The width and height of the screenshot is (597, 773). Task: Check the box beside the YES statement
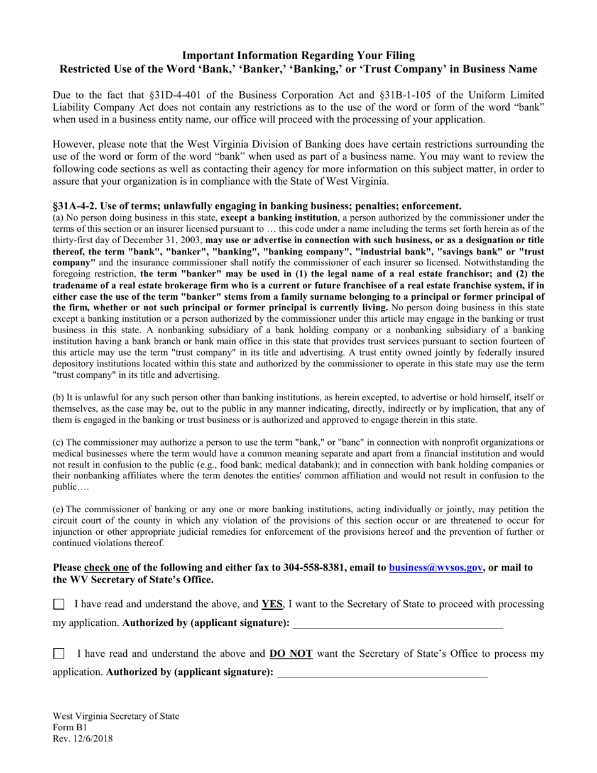[58, 605]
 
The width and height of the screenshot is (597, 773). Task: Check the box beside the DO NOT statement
[58, 654]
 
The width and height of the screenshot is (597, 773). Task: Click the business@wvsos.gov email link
[435, 567]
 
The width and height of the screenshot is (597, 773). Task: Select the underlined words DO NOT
[292, 654]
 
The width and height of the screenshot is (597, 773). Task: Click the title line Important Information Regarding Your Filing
[298, 55]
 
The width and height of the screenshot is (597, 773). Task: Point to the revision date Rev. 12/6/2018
[83, 739]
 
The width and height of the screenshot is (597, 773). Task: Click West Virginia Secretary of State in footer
[116, 716]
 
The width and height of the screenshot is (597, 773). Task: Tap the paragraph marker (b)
[58, 397]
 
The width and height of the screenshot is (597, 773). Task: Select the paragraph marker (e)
[58, 509]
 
